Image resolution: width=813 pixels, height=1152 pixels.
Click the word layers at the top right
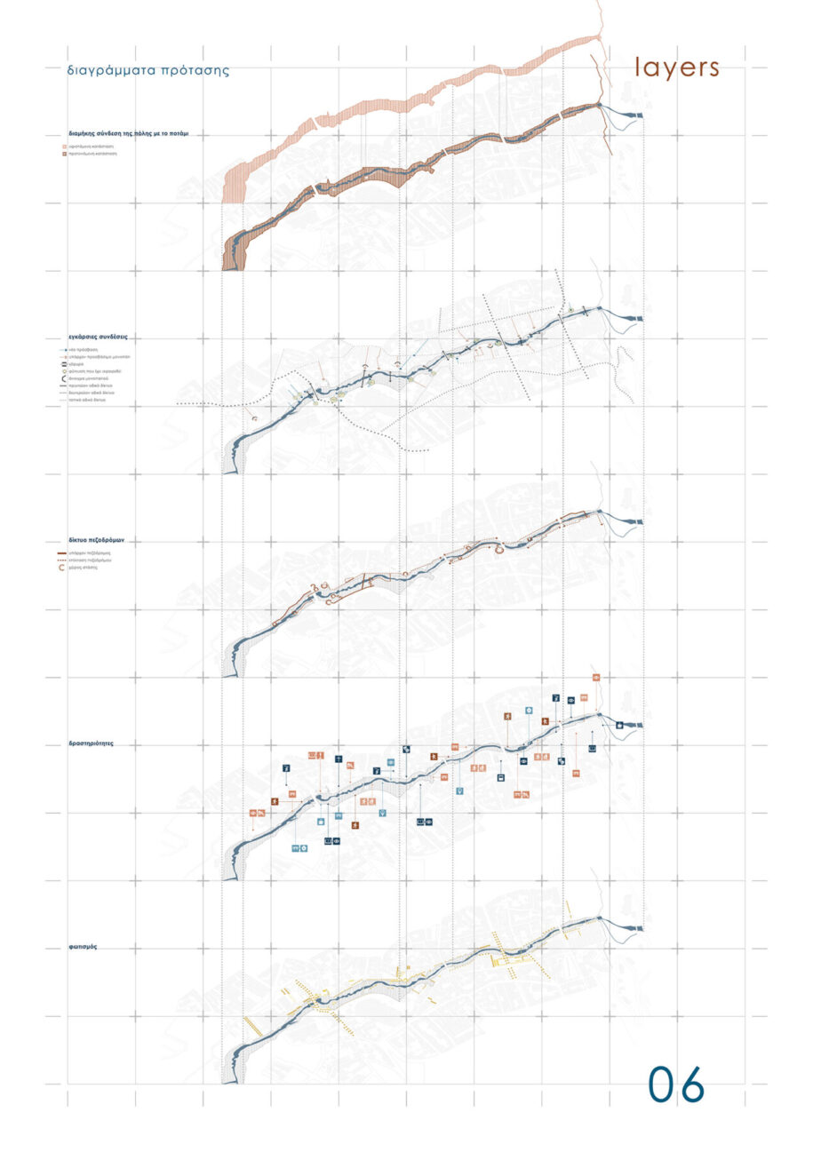click(676, 68)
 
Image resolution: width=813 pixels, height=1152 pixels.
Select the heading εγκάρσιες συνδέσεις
click(98, 338)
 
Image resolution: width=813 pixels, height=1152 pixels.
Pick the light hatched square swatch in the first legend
click(65, 146)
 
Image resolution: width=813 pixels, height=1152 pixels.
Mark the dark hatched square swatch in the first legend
click(65, 154)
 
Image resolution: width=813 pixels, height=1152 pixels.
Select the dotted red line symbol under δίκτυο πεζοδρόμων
click(62, 561)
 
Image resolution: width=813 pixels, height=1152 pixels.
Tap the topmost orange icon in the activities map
click(596, 678)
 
